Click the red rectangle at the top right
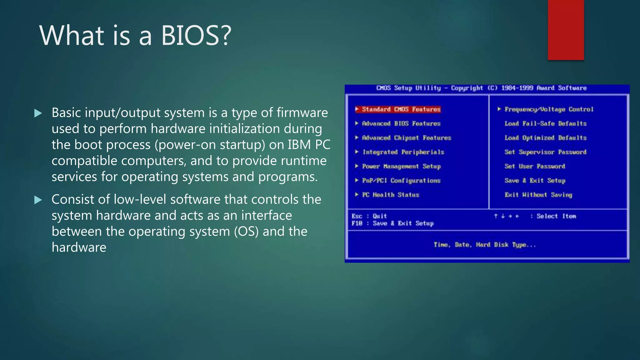[566, 30]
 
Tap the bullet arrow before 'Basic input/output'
[38, 113]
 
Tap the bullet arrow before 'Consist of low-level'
[38, 200]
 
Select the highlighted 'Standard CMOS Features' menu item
[401, 109]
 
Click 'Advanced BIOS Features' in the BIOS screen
[401, 124]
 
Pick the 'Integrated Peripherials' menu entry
[403, 152]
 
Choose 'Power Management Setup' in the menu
[401, 167]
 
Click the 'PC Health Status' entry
[390, 195]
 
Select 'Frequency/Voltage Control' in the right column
[549, 109]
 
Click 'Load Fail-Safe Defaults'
[545, 124]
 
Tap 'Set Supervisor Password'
[545, 152]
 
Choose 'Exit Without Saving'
[538, 195]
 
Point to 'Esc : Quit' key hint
[369, 216]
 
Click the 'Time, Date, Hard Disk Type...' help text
[485, 245]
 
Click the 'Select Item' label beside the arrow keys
[556, 216]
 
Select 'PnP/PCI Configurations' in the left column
[401, 181]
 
